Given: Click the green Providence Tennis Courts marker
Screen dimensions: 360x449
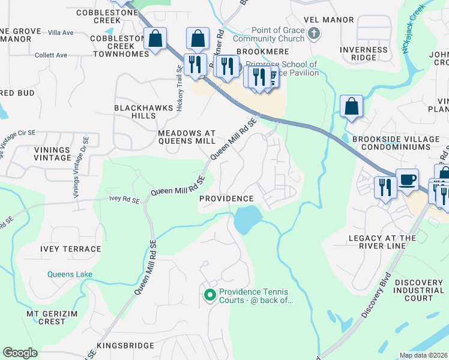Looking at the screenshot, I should click(x=209, y=295).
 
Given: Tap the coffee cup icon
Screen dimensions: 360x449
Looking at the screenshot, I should click(x=407, y=179).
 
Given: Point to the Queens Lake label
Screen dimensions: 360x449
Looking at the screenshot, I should click(x=70, y=274).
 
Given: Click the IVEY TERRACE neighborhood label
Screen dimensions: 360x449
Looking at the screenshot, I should click(x=70, y=249).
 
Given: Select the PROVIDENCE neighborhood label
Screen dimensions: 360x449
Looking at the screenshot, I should click(x=226, y=199).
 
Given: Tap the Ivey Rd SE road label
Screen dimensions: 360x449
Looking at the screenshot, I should click(x=124, y=198).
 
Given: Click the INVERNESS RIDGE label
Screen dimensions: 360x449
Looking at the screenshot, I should click(x=363, y=53).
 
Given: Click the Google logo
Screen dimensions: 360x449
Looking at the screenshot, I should click(x=20, y=353).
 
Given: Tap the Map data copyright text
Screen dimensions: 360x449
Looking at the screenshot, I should click(x=424, y=355).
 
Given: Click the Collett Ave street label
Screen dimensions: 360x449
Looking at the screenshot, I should click(x=51, y=55).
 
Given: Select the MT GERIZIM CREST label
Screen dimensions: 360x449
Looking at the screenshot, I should click(x=46, y=317).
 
